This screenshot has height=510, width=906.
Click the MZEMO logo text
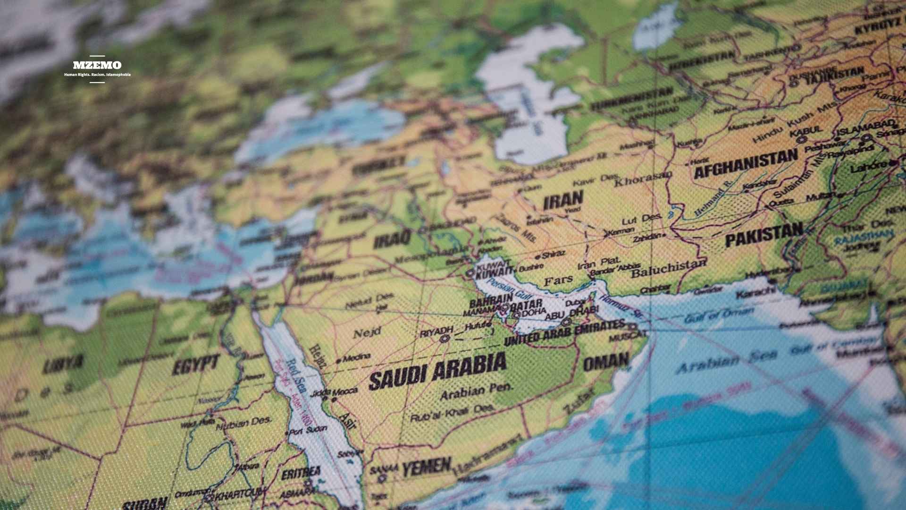point(97,65)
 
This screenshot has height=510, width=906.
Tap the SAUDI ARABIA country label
point(437,372)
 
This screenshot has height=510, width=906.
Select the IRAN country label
point(563,201)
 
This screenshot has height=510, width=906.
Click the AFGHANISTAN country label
point(746,163)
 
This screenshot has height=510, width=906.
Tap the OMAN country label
point(606,362)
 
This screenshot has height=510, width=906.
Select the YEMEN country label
point(427,467)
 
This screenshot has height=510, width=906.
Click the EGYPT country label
point(195,364)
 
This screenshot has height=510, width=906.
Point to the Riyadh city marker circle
point(444,339)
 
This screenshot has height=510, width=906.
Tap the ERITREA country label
point(301,472)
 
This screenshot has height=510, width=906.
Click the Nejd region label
point(367,333)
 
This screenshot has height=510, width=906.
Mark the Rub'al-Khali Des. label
point(452,413)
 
